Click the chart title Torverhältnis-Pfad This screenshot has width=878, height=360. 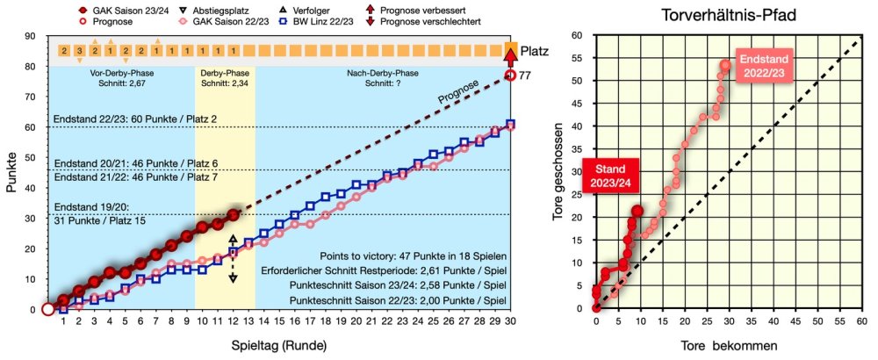[x=727, y=17]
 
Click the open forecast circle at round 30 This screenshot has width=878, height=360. [x=510, y=76]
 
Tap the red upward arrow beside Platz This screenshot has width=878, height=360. [x=510, y=58]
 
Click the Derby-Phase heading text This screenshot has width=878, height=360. [x=224, y=74]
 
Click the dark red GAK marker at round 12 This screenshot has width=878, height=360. [x=233, y=215]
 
